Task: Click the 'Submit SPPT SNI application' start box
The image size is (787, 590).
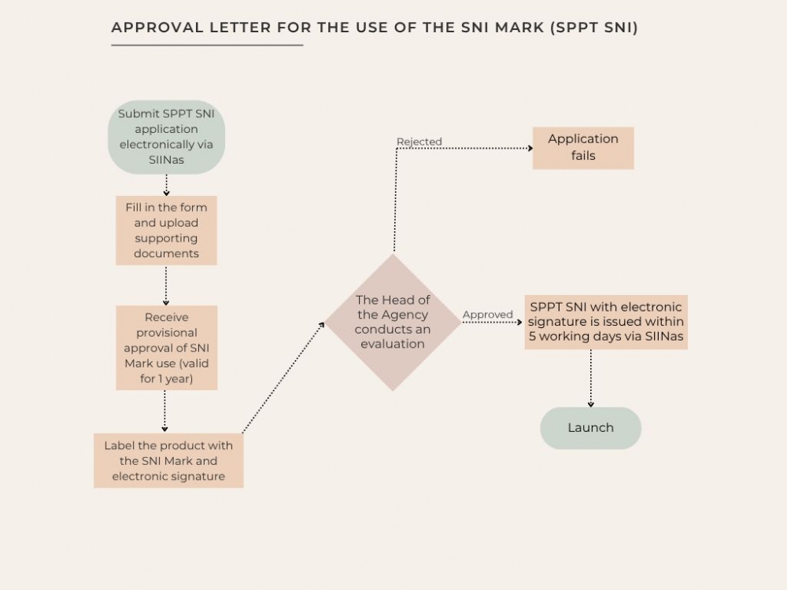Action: (x=166, y=136)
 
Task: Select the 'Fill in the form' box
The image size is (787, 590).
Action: (x=166, y=230)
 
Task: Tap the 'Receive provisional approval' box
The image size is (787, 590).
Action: (x=166, y=348)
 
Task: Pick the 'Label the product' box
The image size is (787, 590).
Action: (x=168, y=460)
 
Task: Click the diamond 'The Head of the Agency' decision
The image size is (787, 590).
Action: (x=393, y=322)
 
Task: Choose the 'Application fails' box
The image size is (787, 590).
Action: (x=583, y=148)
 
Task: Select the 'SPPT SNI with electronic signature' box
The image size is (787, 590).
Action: (x=606, y=322)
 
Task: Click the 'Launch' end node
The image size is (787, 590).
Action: (x=590, y=428)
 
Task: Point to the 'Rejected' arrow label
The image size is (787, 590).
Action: (x=419, y=142)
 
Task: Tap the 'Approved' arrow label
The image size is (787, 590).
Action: (x=488, y=315)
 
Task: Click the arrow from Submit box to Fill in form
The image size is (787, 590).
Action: (x=166, y=185)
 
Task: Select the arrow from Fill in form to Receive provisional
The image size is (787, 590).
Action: (x=166, y=285)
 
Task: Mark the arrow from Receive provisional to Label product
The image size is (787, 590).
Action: (x=165, y=411)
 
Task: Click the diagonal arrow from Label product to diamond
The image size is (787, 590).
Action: (x=283, y=377)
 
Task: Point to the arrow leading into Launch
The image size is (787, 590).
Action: (x=590, y=378)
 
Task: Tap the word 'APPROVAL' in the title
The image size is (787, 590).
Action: (x=156, y=28)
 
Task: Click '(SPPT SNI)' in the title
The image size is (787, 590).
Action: (x=594, y=28)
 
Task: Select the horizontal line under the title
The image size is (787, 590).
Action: (x=207, y=45)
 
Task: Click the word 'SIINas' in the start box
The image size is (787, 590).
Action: (x=166, y=160)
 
